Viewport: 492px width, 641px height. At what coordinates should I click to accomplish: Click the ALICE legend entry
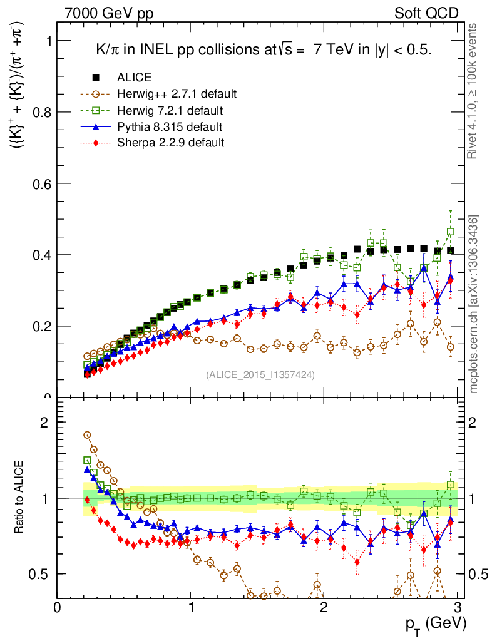coord(134,78)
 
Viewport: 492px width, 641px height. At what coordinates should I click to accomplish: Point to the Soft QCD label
coord(426,13)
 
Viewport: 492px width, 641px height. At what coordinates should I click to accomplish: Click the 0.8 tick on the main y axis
coord(42,112)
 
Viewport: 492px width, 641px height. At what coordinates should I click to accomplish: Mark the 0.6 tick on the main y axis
coord(42,183)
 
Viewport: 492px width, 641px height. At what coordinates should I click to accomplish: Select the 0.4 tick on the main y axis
coord(42,255)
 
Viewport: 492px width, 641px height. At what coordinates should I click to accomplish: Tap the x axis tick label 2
coord(324,607)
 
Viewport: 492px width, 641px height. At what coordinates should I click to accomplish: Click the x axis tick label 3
coord(458,607)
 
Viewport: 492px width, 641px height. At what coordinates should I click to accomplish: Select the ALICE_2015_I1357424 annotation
coord(260,374)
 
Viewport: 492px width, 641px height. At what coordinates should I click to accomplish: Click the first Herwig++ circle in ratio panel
coord(87,435)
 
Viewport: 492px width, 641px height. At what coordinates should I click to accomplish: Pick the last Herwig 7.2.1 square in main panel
coord(451,232)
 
